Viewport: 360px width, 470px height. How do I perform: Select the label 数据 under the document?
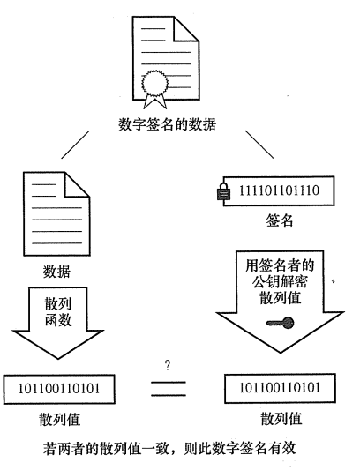pos(57,271)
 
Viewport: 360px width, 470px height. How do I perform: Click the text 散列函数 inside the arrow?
pos(57,310)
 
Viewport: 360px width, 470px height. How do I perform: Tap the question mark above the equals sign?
pos(167,362)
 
